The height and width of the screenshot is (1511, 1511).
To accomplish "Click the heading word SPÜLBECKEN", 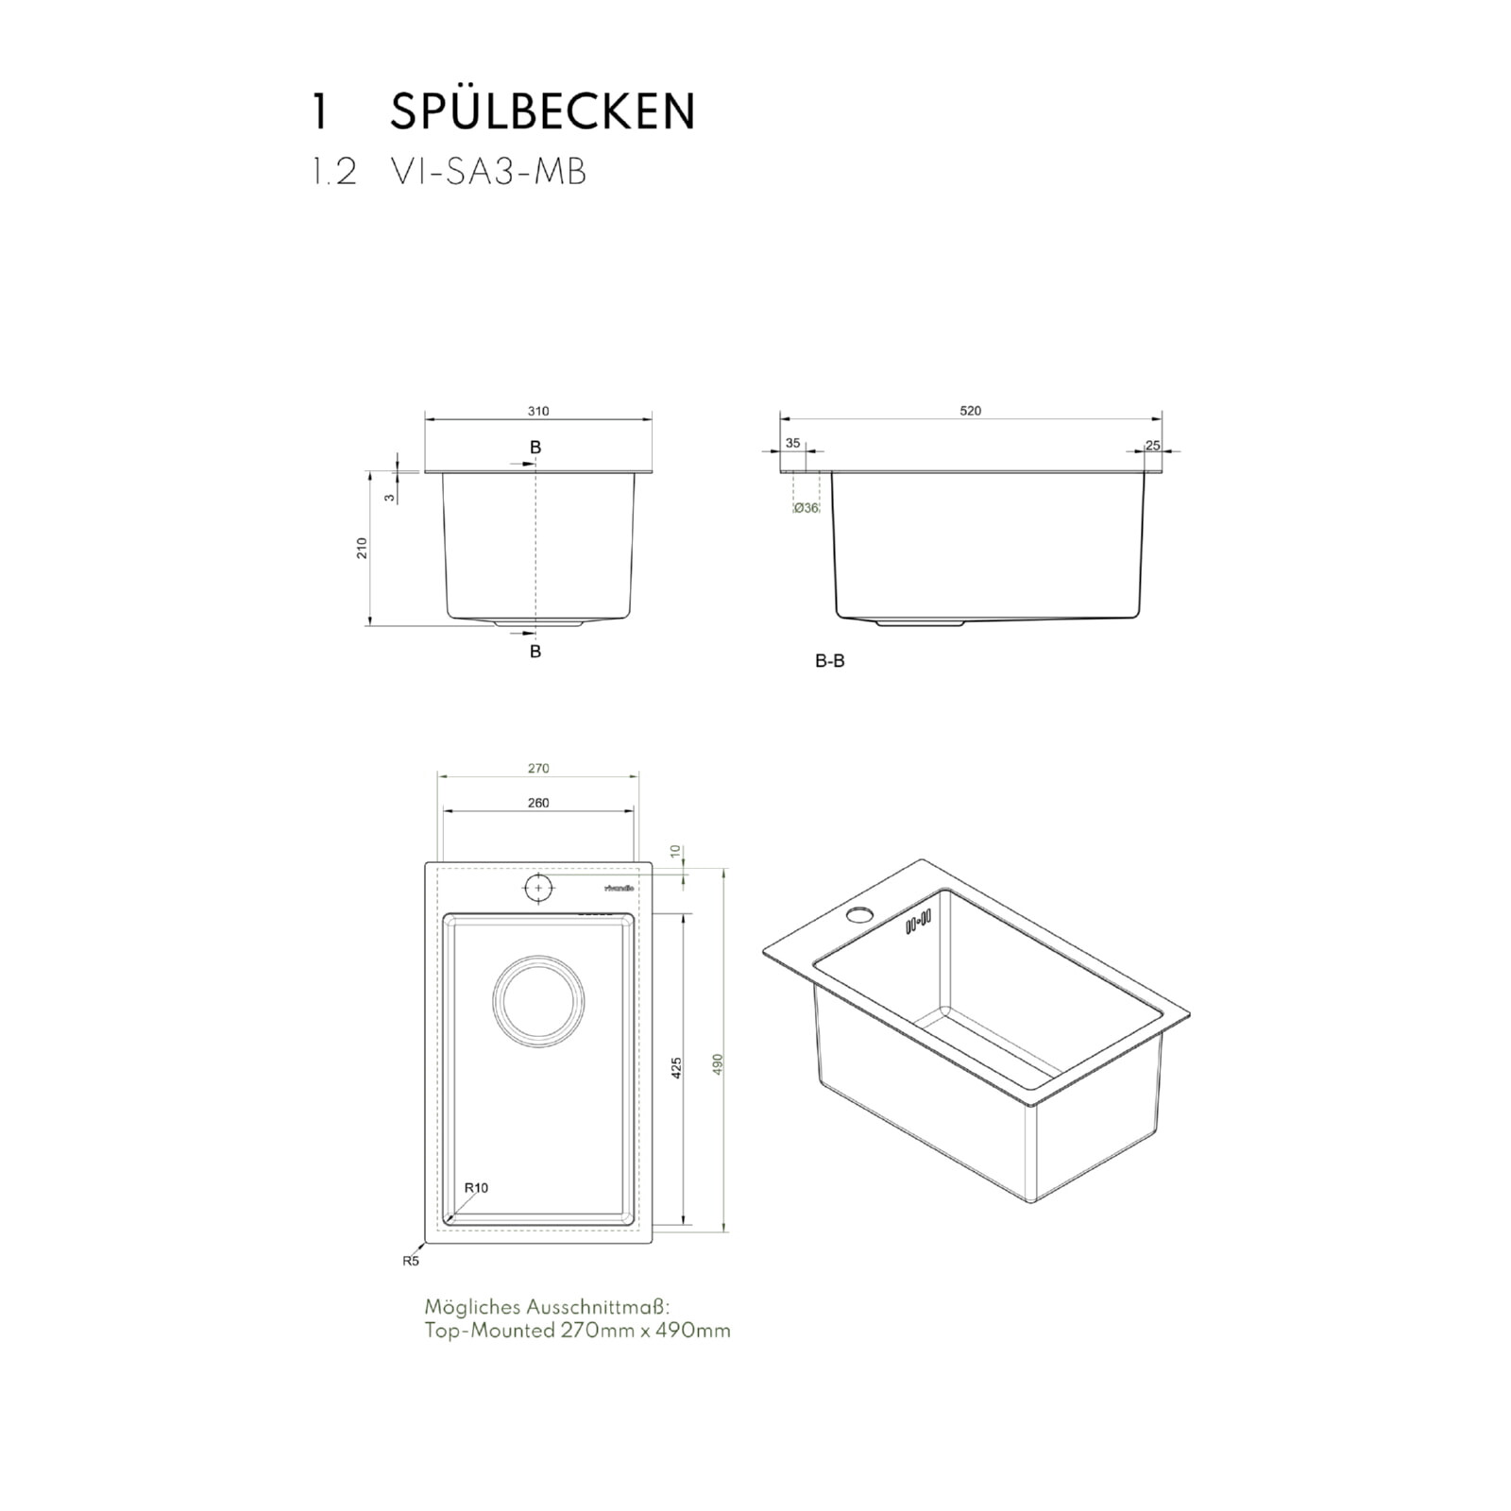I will (542, 112).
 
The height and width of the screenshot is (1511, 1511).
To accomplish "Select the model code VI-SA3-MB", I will (488, 173).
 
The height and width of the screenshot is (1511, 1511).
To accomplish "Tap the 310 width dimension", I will (538, 411).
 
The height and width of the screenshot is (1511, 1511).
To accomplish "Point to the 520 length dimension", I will (970, 411).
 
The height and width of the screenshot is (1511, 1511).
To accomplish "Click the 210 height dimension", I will (362, 548).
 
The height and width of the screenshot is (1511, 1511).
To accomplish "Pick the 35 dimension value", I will (792, 443).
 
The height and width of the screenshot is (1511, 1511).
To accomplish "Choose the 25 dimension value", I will (1152, 445).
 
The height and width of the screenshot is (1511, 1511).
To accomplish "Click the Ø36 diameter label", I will (806, 508).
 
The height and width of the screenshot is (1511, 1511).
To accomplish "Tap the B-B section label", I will (829, 661).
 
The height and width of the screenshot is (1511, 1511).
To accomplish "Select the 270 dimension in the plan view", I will (538, 769).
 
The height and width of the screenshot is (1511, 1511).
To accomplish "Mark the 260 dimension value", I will (538, 803).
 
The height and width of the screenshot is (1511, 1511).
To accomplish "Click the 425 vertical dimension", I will (676, 1068).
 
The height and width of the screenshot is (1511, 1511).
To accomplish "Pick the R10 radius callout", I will (477, 1187).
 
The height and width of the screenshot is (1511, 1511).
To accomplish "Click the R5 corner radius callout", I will (410, 1260).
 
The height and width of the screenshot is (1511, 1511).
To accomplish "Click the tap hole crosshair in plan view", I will (538, 888).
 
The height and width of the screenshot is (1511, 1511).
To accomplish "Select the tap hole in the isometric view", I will (859, 914).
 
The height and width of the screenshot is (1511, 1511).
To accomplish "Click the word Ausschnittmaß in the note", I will (597, 1307).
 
